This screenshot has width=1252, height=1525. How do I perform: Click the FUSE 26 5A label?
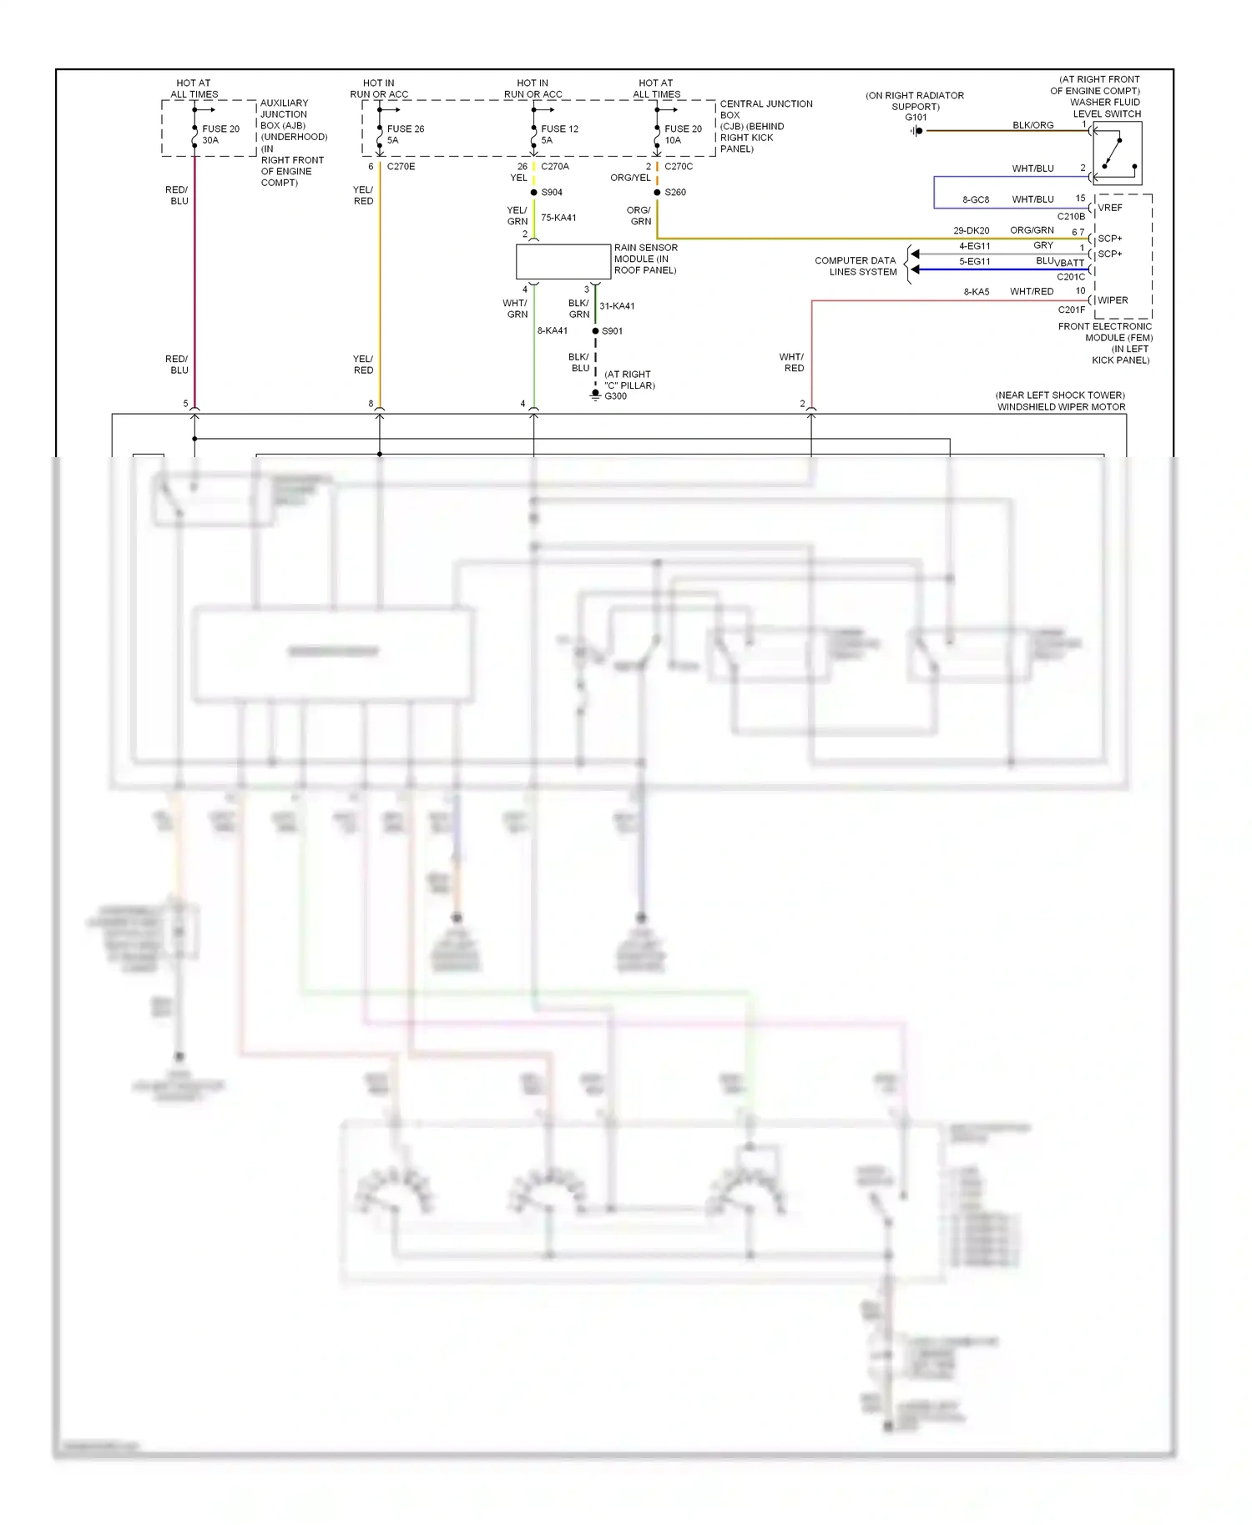[405, 134]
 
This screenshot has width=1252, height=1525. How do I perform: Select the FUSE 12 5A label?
[559, 134]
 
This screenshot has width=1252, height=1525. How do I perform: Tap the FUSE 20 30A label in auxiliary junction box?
[220, 134]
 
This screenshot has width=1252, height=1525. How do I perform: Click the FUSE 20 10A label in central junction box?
[683, 134]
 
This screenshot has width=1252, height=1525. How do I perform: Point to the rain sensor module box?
[563, 262]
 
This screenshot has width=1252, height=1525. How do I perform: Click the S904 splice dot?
[534, 193]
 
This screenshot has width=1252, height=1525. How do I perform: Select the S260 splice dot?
[657, 193]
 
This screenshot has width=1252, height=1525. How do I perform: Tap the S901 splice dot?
[595, 331]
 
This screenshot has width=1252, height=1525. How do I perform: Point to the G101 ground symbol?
[917, 131]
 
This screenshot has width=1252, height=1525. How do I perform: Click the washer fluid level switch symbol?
[1117, 154]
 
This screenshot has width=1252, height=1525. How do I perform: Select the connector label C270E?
[401, 167]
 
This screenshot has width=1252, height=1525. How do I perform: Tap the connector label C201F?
[1072, 310]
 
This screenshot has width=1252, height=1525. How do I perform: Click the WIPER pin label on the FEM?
[1113, 300]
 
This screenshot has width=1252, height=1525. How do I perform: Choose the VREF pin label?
[1110, 208]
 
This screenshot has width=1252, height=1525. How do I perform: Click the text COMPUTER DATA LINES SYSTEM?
[856, 266]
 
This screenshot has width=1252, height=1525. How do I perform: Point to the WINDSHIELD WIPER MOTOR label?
[1061, 407]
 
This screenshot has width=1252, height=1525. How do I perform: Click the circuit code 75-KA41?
[558, 218]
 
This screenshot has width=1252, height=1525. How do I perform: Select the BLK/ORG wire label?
[1032, 125]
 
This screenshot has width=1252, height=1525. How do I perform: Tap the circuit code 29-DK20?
[971, 231]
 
